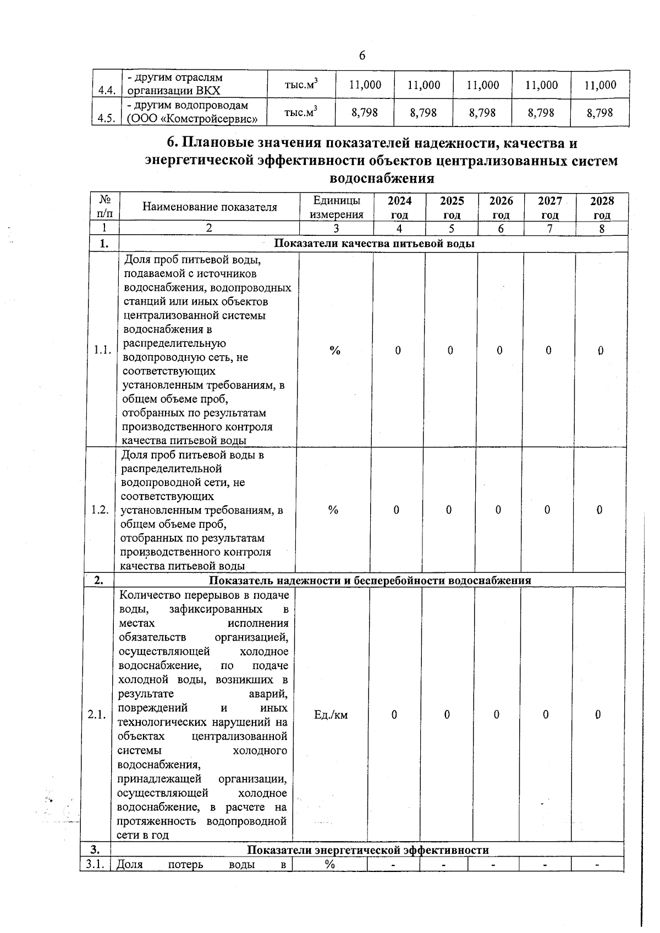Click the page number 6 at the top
coord(362,56)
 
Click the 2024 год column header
coord(399,207)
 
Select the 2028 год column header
coord(602,207)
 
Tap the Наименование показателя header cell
coord(210,207)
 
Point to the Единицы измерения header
coord(337,207)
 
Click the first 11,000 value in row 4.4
coord(365,85)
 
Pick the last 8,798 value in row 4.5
coord(599,113)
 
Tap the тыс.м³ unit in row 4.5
coord(301,112)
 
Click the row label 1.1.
coord(103,350)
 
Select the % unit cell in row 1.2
coord(333,510)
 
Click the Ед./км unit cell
coord(331,715)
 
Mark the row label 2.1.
coord(97,715)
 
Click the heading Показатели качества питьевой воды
coord(374,244)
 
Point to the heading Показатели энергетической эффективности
coord(367,850)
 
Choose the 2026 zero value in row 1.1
coord(499,350)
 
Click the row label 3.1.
coord(96,864)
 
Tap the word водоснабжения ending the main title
coord(381,179)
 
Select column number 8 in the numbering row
coord(602,229)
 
